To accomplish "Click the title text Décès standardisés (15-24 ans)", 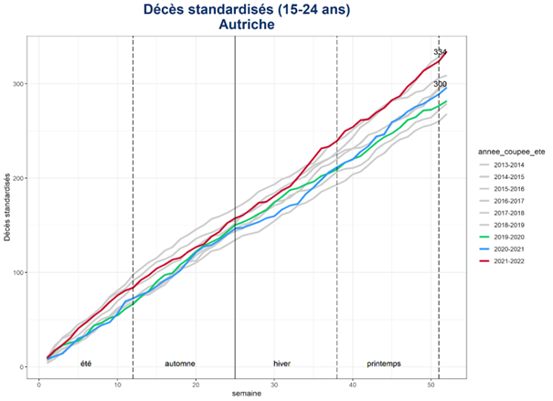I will [246, 9].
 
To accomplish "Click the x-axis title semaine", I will [246, 395].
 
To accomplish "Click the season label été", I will [86, 364].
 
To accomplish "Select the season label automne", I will [179, 364].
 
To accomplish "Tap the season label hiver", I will [282, 364].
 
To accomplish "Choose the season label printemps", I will [384, 364].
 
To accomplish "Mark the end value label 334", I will [440, 53].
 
